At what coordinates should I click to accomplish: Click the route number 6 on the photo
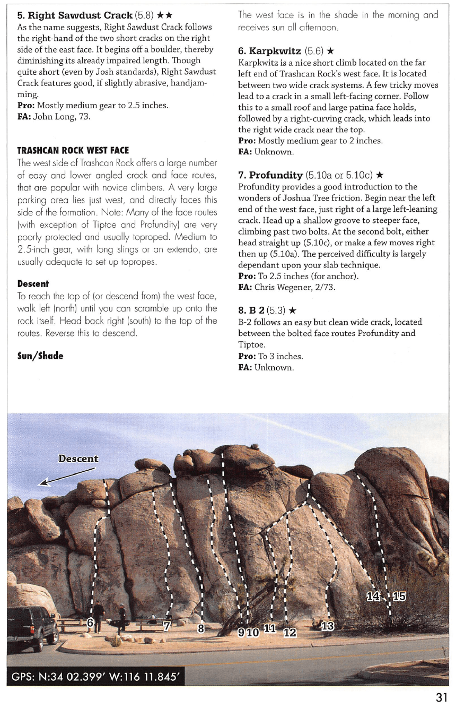[x=90, y=622]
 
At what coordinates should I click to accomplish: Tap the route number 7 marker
[x=167, y=626]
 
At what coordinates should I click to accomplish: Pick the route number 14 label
[x=373, y=596]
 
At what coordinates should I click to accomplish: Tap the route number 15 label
[x=398, y=596]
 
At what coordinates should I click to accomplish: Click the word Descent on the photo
[x=78, y=459]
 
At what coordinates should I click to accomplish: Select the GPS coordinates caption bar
[x=95, y=676]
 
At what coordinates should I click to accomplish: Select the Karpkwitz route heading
[x=275, y=51]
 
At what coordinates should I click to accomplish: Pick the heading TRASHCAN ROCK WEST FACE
[x=73, y=151]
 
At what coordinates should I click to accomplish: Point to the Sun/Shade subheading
[x=40, y=356]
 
